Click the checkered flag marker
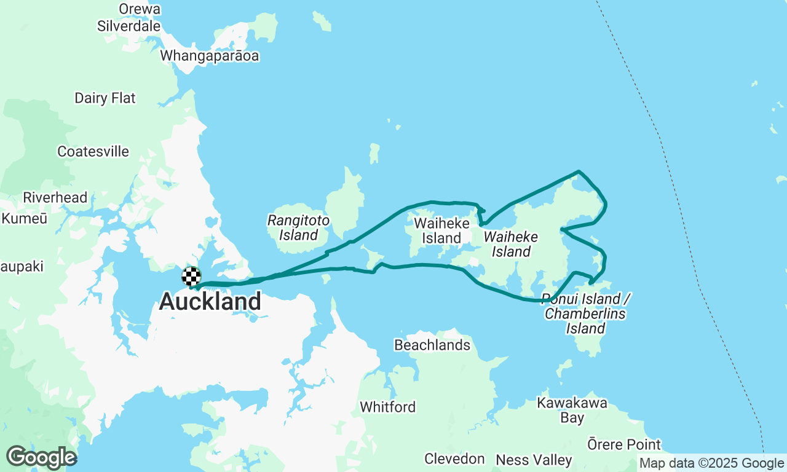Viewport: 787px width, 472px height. coord(191,277)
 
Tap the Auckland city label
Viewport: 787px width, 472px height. coord(210,302)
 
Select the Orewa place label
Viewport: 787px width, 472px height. coord(140,9)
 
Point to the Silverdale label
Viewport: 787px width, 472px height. coord(129,26)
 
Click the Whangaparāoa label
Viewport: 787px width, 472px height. coord(210,56)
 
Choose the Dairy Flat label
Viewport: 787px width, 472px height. coord(105,98)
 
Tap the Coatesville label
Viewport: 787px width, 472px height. coord(93,151)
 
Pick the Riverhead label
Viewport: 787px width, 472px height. coord(55,198)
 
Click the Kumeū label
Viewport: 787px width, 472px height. coord(24,219)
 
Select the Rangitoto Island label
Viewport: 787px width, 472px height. coord(298,227)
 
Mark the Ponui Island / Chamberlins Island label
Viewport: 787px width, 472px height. coord(586,313)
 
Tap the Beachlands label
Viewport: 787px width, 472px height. coord(432,345)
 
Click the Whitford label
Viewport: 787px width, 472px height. coord(388,407)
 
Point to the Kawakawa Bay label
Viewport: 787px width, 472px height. coord(572,411)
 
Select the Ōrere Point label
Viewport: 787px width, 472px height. coord(624,444)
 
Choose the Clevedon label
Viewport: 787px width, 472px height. coord(455,459)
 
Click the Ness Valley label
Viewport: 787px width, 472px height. coord(534,460)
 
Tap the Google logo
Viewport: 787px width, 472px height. coord(41,457)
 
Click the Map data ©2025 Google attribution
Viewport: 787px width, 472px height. coord(711,463)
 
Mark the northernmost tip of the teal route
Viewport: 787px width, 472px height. coord(579,171)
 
